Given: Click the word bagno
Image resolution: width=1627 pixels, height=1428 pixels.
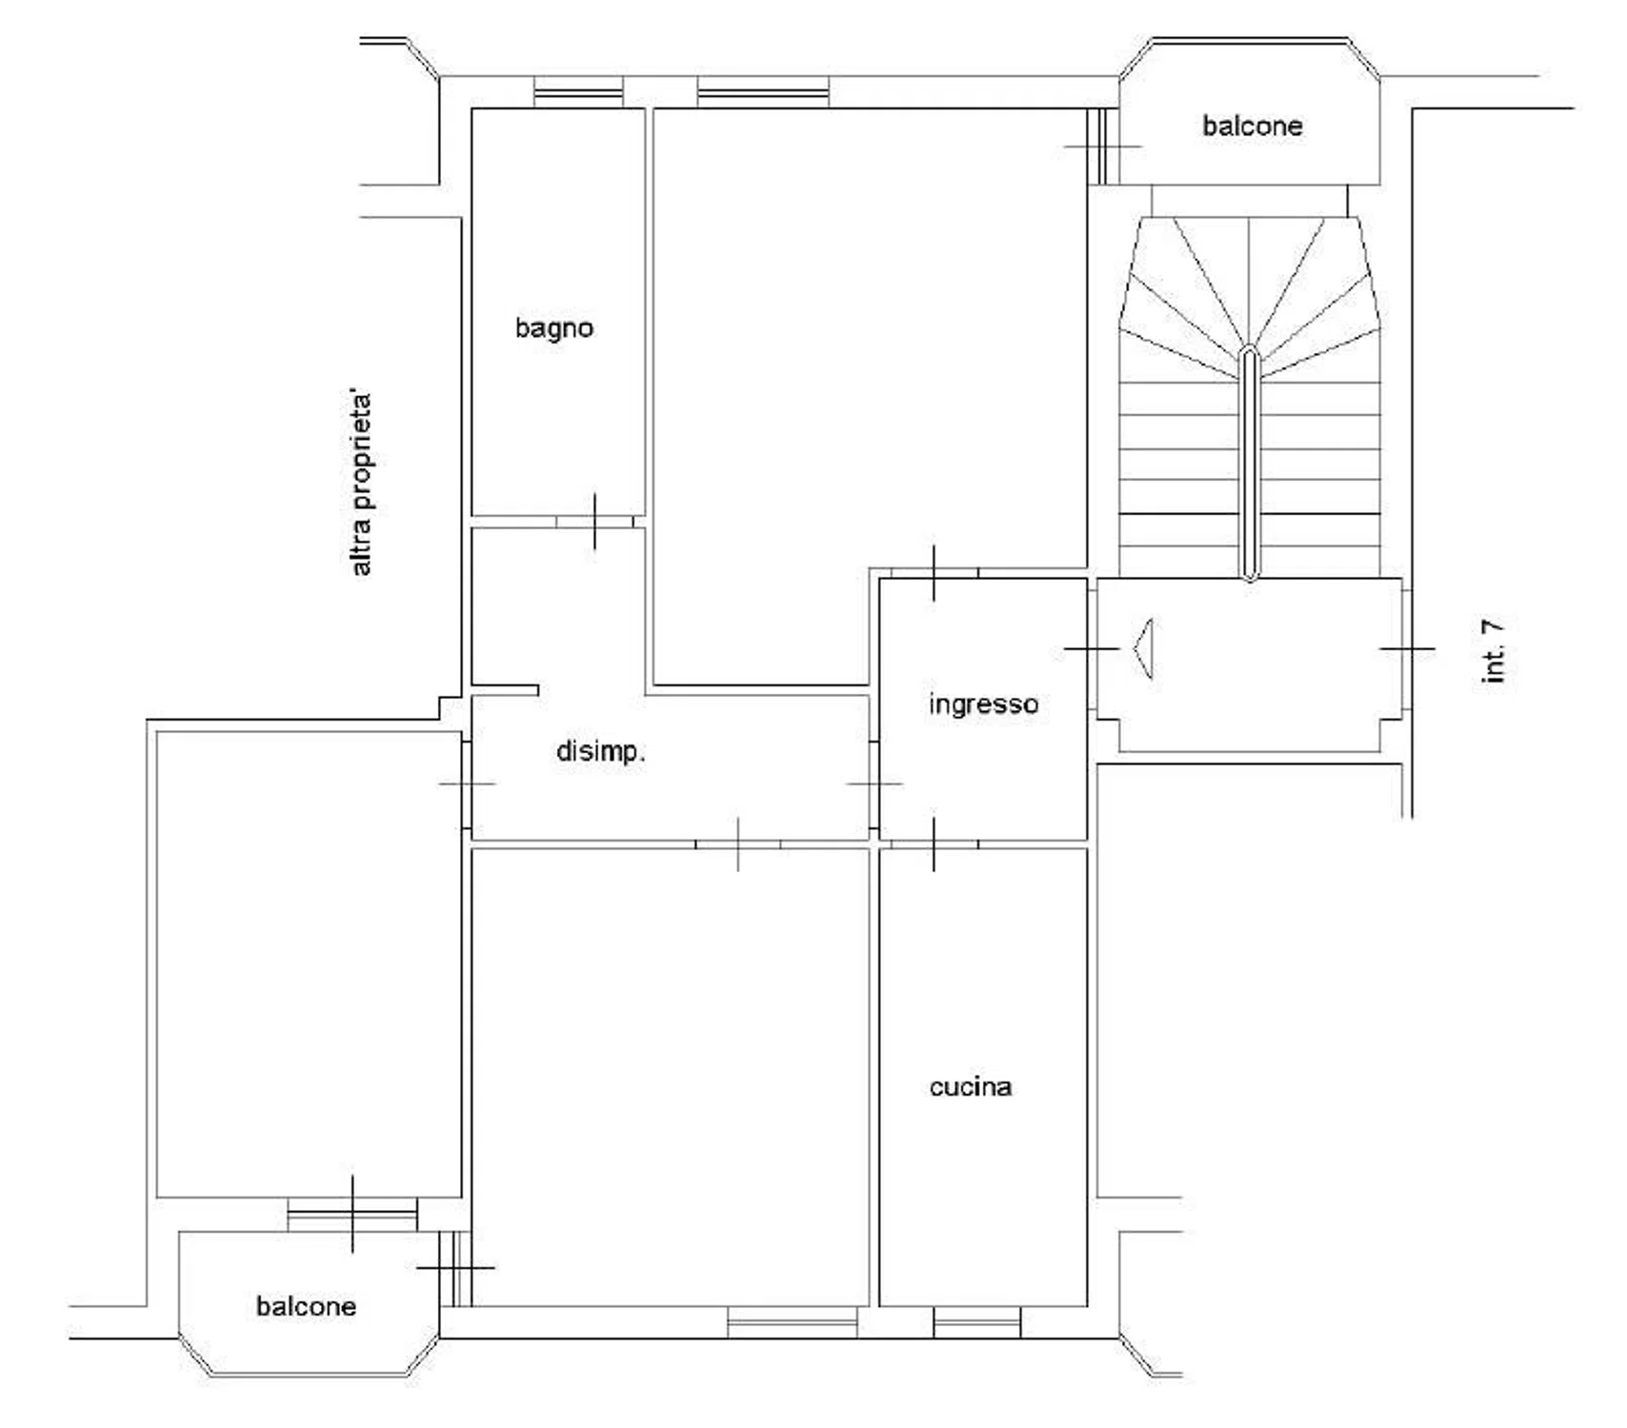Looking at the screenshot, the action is [553, 328].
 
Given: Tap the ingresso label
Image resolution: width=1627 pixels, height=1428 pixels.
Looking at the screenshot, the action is [983, 704].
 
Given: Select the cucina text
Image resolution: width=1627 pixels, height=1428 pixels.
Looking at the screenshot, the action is [971, 1086].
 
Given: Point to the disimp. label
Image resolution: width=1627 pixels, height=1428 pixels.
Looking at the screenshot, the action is [601, 752].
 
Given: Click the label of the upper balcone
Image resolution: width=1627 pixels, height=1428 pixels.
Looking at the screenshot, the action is [1252, 126].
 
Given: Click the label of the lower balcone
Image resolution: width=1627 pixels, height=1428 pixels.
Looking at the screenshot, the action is [306, 1305].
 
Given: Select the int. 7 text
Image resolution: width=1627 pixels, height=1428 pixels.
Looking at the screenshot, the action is [1494, 651].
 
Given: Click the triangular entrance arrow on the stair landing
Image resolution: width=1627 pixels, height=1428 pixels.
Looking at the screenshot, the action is [1143, 648].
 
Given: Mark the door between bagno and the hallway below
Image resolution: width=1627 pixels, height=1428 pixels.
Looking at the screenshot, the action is [594, 522].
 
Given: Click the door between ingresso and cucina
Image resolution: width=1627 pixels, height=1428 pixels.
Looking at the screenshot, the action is [934, 843].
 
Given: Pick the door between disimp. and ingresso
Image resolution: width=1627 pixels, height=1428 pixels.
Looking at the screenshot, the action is [874, 783].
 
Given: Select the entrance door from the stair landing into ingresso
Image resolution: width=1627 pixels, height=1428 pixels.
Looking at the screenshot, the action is [1092, 648].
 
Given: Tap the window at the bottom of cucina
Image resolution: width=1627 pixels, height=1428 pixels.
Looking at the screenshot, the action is [976, 1321].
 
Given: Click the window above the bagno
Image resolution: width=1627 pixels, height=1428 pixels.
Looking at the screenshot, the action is [578, 92].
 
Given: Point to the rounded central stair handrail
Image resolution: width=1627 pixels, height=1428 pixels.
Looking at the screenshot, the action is [1250, 464].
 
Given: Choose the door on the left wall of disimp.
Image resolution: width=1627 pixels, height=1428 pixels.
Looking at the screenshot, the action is [467, 783].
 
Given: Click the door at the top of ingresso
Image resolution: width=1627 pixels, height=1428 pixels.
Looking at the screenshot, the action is [934, 573].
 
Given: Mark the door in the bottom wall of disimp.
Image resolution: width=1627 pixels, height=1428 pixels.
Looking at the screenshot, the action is [738, 843].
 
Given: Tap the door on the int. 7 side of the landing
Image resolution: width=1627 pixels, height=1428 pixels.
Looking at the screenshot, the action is [1407, 648].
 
